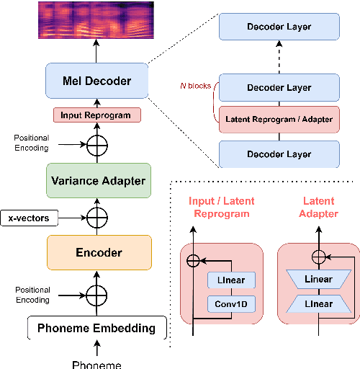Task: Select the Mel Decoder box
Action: click(x=96, y=81)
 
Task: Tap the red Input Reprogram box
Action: click(x=96, y=114)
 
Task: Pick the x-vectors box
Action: click(x=28, y=216)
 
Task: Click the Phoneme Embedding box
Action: click(x=96, y=328)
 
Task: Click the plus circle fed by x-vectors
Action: click(x=96, y=216)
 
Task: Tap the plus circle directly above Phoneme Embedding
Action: click(x=96, y=293)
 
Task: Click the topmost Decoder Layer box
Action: click(x=278, y=27)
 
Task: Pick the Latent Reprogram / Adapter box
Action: click(x=278, y=120)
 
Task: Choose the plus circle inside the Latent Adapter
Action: click(x=318, y=255)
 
